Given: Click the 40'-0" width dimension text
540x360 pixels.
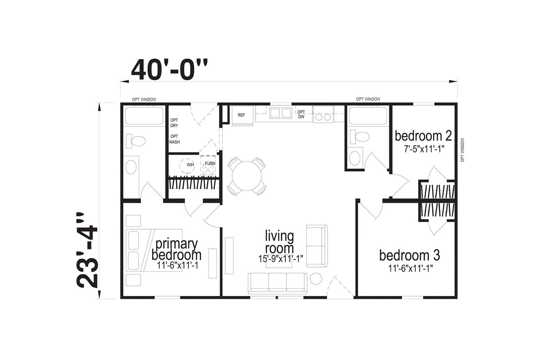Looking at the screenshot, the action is [169, 70].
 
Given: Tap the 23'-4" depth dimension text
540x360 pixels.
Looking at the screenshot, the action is [87, 250].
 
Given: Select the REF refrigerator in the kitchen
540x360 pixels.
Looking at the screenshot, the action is [243, 116].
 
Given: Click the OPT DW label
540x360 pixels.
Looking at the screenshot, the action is [301, 115].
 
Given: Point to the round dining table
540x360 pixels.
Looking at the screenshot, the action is [247, 176].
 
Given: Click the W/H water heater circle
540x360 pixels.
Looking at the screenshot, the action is [187, 166].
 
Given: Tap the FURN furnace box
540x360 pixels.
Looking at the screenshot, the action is [208, 166].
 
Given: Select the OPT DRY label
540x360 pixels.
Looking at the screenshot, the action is [174, 123].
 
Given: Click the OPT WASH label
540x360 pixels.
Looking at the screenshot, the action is [174, 139].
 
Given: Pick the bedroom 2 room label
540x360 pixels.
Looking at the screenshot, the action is [423, 136].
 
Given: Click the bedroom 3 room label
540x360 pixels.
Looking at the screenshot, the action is [410, 255].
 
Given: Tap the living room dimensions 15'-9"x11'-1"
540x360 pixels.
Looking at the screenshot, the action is [281, 259].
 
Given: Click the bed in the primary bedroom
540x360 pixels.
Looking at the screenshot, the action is [154, 250].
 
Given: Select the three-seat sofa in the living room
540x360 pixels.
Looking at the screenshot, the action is [278, 283].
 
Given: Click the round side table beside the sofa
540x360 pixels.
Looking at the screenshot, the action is [316, 279].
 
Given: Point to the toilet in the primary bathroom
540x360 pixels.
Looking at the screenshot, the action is [136, 141].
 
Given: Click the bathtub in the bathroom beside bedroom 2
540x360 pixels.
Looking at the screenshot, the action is [368, 116].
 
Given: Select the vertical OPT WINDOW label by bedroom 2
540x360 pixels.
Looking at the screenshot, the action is [462, 150].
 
